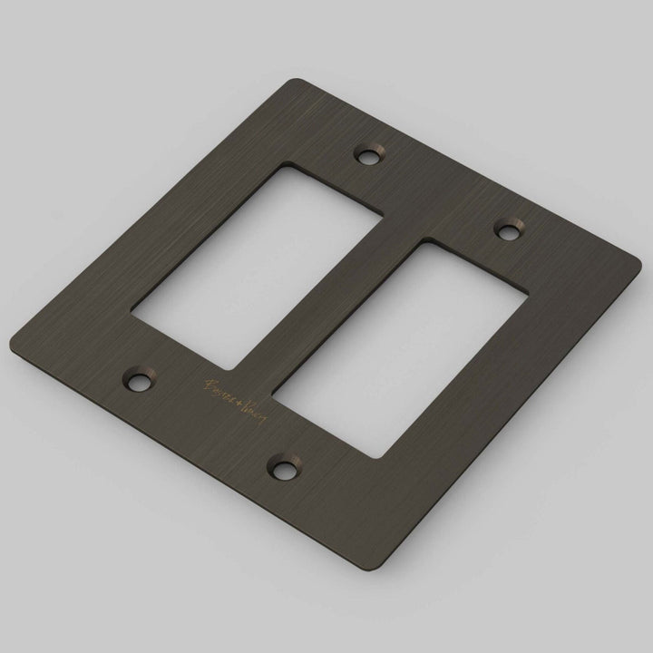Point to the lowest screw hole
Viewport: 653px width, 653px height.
[284, 470]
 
